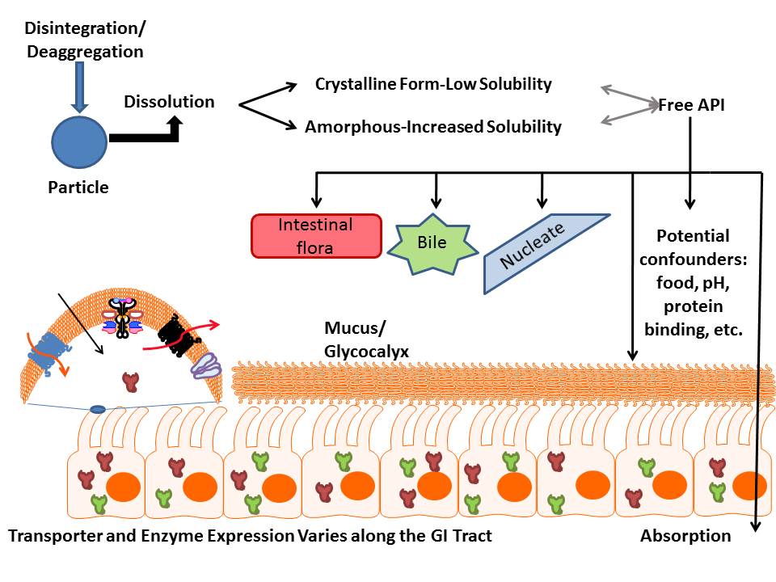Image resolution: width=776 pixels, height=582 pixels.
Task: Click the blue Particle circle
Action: [x=78, y=141]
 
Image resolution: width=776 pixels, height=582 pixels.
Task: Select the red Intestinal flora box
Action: [x=317, y=236]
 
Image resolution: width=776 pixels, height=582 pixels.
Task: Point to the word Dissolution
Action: [x=169, y=102]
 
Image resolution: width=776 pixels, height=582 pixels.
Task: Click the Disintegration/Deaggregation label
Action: [x=84, y=40]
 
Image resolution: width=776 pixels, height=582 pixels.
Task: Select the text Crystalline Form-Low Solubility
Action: [x=433, y=84]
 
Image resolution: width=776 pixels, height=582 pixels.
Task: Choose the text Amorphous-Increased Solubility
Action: [x=432, y=127]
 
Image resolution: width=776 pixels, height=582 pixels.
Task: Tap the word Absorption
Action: [x=685, y=535]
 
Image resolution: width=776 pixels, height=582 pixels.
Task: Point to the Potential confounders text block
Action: [x=693, y=283]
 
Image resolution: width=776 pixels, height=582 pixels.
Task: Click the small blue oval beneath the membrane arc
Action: [x=97, y=410]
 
